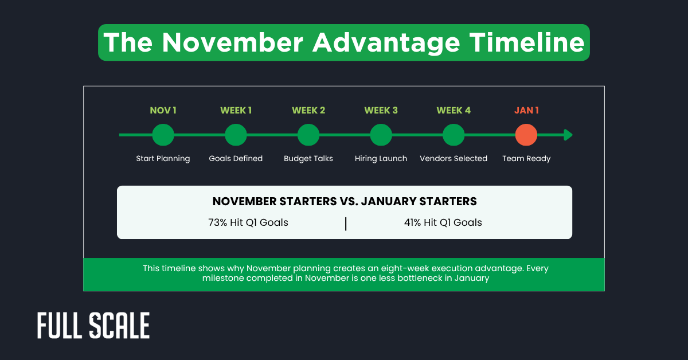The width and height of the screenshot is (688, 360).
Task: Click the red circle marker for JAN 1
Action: pyautogui.click(x=526, y=135)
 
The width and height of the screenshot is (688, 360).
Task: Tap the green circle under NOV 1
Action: pyautogui.click(x=163, y=135)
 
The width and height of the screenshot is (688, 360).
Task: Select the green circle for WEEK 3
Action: pyautogui.click(x=381, y=135)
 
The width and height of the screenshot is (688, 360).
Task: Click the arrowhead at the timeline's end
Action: pyautogui.click(x=568, y=135)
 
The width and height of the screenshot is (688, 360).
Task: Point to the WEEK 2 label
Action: pyautogui.click(x=308, y=110)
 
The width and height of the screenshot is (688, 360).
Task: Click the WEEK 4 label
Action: pyautogui.click(x=454, y=110)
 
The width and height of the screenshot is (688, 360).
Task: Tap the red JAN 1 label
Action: pyautogui.click(x=526, y=110)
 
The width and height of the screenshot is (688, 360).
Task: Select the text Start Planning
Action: pyautogui.click(x=163, y=159)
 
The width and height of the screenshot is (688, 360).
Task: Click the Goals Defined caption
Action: pyautogui.click(x=236, y=159)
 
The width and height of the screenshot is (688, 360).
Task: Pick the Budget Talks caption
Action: pyautogui.click(x=308, y=159)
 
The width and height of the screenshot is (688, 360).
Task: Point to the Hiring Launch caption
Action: pyautogui.click(x=381, y=159)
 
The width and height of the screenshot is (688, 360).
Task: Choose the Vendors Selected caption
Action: pyautogui.click(x=454, y=159)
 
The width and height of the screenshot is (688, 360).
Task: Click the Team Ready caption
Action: pyautogui.click(x=526, y=159)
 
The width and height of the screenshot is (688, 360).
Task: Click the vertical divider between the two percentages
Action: pyautogui.click(x=346, y=224)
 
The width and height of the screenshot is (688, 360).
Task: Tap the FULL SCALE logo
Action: pyautogui.click(x=93, y=326)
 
